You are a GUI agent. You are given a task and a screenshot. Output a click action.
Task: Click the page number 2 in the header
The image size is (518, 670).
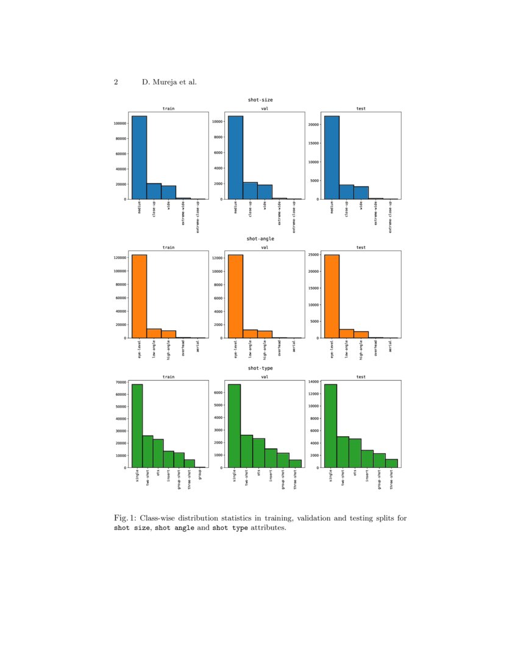116,82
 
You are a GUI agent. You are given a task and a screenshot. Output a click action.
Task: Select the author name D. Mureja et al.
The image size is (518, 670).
169,82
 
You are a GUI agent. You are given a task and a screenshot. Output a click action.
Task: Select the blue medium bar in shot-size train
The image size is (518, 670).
139,158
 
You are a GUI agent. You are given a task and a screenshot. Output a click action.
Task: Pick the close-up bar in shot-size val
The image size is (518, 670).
250,191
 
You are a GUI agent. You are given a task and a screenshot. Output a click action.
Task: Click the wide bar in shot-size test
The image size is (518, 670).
361,193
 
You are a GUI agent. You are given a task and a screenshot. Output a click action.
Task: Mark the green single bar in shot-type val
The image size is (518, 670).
234,426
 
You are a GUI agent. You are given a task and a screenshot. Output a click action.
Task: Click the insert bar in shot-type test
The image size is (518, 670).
367,459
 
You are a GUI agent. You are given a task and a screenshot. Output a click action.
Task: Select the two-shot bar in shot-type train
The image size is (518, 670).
147,451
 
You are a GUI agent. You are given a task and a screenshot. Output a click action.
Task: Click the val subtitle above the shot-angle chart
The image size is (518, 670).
264,248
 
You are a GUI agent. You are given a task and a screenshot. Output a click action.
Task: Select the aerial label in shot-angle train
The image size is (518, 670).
198,346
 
